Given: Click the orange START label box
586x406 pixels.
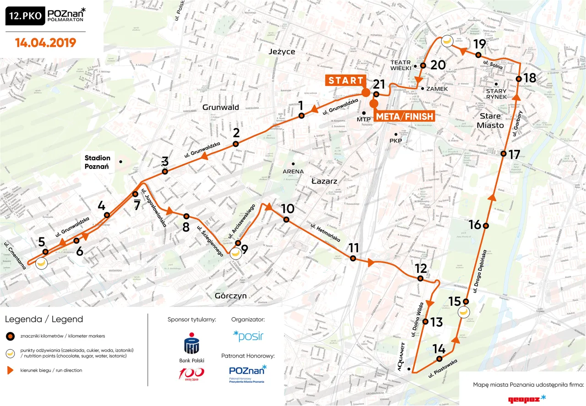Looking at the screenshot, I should (346, 81).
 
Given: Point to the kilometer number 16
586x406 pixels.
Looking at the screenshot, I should (475, 225).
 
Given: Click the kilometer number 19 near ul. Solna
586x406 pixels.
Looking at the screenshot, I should (479, 44).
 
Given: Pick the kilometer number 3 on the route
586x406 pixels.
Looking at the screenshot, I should (165, 161).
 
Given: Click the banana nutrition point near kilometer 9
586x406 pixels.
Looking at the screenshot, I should (236, 253).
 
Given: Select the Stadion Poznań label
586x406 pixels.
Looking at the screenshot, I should (97, 162).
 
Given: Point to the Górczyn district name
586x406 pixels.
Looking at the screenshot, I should (231, 296).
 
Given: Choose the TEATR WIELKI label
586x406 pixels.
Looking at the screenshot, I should (402, 65).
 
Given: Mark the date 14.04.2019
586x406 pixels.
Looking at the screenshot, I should (45, 43).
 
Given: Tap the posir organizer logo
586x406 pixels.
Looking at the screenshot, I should (248, 336).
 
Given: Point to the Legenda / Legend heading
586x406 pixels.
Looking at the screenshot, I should (44, 319).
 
